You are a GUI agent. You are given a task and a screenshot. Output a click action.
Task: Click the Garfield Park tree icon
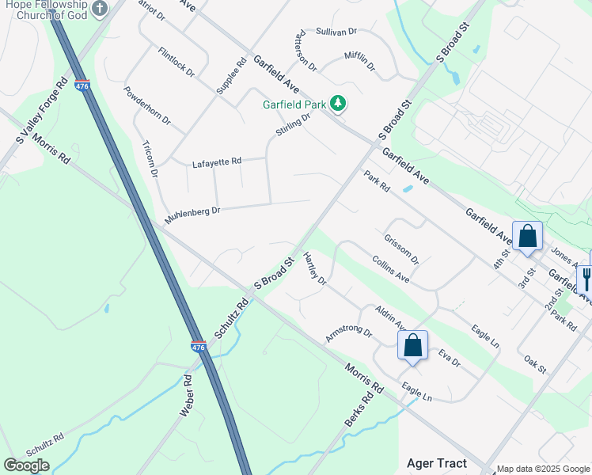coord(338,103)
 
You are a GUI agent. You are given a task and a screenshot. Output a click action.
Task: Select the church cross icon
coord(99,9)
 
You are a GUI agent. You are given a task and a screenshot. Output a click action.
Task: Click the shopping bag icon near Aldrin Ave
coord(412,345)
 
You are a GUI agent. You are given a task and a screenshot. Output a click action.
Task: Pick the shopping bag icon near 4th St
coord(527,236)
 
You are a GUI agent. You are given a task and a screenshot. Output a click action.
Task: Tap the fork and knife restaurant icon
coord(586,279)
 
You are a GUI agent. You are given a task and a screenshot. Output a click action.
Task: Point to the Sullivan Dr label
coord(336,32)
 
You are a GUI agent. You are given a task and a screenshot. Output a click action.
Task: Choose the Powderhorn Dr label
coord(147,104)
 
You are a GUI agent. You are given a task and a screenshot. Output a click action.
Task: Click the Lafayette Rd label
coord(216,163)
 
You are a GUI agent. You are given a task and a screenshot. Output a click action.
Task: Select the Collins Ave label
coord(390,269)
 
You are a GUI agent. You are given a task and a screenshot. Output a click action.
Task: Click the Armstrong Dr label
coord(348,333)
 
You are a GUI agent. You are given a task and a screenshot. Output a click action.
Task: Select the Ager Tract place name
coord(436,463)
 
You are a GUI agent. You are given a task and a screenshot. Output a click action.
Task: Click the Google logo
coord(26,465)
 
